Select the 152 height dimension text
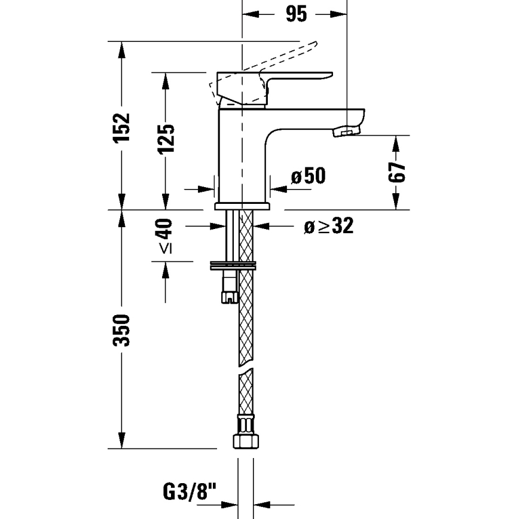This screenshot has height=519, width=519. pos(122,127)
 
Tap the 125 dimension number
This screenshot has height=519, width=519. pos(166,139)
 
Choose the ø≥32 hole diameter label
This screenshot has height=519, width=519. pos(328,226)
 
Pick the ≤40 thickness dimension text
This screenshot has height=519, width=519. pos(165,237)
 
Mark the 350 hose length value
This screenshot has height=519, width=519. pos(122,329)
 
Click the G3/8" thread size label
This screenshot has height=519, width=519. pos(189,493)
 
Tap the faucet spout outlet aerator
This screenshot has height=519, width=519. pos(346,130)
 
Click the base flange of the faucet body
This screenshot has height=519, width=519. pos(243,206)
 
